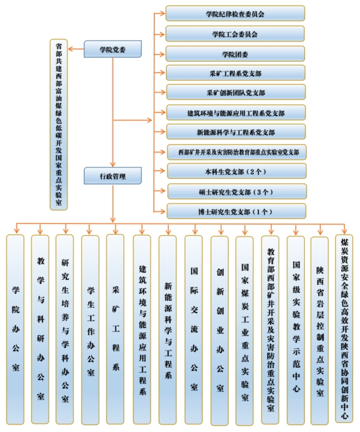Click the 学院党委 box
(113, 49)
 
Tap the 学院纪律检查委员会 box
(235, 13)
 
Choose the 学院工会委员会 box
(235, 34)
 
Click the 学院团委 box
(235, 54)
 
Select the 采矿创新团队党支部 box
(235, 93)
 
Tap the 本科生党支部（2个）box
(235, 172)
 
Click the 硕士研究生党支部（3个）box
(235, 191)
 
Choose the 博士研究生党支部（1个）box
(235, 211)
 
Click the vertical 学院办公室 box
(15, 328)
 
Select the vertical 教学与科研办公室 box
(40, 328)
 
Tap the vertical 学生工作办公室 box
(90, 328)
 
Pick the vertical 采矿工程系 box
(115, 328)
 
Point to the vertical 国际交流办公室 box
(193, 328)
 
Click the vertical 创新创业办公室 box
(219, 328)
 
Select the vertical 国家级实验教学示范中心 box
(296, 328)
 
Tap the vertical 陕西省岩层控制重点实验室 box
(320, 328)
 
